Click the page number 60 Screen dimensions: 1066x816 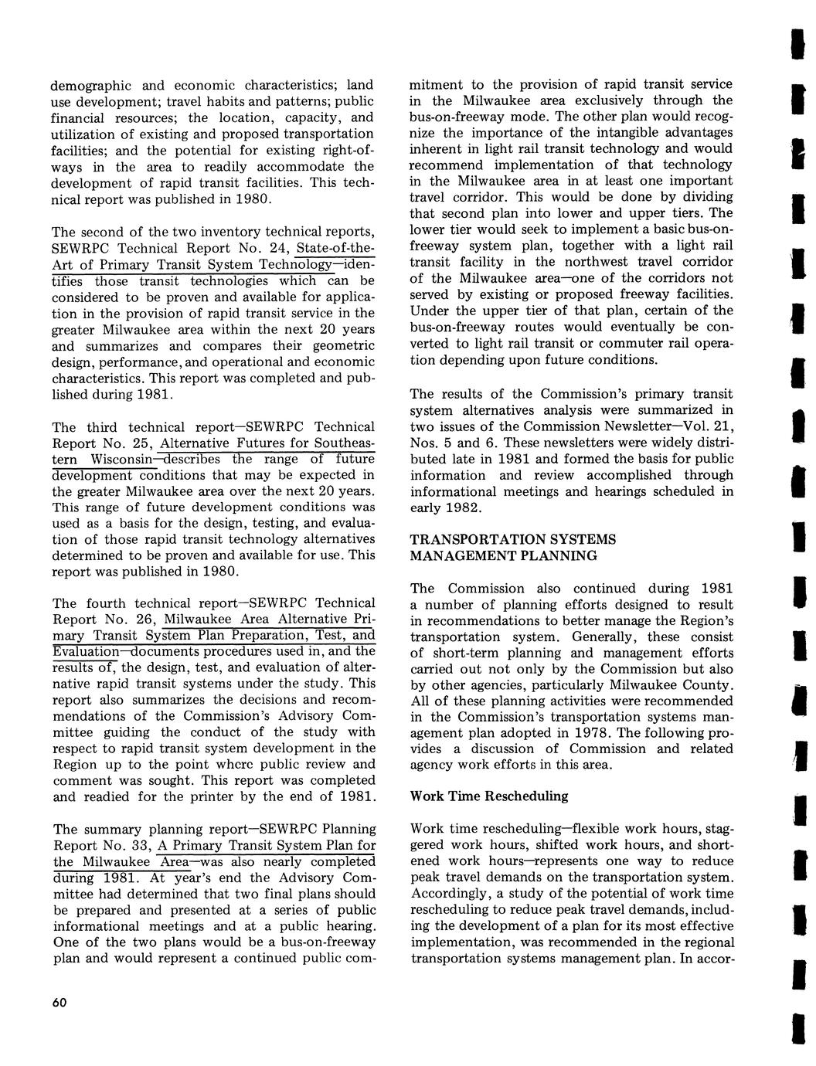point(59,1002)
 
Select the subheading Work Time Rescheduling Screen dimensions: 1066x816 point(489,796)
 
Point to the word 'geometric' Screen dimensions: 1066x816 point(342,346)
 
